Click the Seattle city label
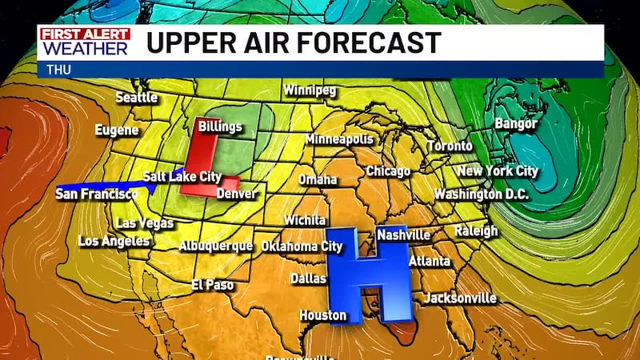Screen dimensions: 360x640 tap(137, 98)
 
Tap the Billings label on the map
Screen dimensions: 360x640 tap(220, 126)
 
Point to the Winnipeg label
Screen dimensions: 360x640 tap(309, 90)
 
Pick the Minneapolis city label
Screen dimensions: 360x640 tap(338, 139)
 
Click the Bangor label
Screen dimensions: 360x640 tap(516, 124)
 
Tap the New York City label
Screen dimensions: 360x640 tap(498, 171)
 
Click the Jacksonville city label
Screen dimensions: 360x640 tap(460, 298)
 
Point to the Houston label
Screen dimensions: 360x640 tap(323, 315)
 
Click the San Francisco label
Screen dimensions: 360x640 tap(97, 194)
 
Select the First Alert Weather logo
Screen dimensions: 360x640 tap(85, 42)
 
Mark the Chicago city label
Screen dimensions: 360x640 tap(388, 171)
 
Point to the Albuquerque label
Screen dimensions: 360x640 tap(216, 246)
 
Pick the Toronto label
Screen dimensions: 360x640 tap(450, 146)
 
